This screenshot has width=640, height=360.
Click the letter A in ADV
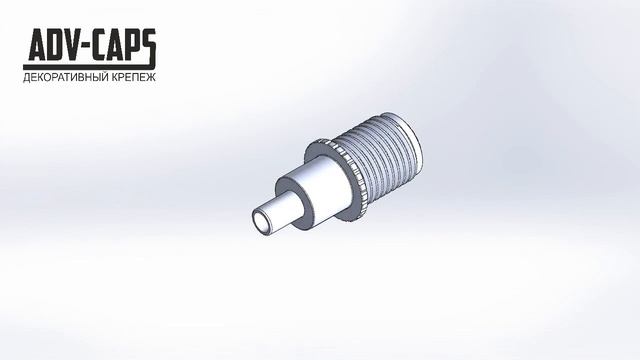click(38, 44)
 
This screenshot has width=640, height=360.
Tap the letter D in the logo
click(58, 44)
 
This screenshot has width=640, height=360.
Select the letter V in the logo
click(77, 44)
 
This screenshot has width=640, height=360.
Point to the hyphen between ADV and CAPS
click(91, 47)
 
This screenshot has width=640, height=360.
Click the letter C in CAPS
click(105, 44)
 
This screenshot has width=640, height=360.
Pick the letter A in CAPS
click(123, 44)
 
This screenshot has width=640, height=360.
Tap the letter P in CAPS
click(140, 44)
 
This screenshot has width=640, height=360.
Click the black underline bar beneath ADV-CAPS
click(87, 67)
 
